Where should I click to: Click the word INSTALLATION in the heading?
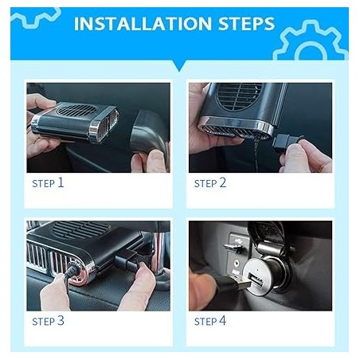pyautogui.click(x=143, y=24)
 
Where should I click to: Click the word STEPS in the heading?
pyautogui.click(x=247, y=24)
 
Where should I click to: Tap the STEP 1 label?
pyautogui.click(x=48, y=183)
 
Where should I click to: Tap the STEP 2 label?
pyautogui.click(x=210, y=183)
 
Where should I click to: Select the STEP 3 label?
pyautogui.click(x=48, y=321)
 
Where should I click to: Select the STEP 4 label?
pyautogui.click(x=210, y=321)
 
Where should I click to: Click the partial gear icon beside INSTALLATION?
pyautogui.click(x=36, y=18)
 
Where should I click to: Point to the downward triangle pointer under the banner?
pyautogui.click(x=179, y=66)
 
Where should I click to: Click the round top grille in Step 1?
pyautogui.click(x=77, y=110)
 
